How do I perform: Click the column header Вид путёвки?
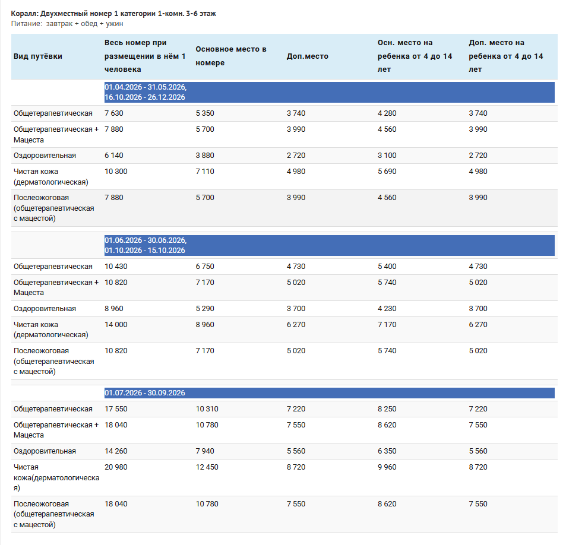pyautogui.click(x=38, y=56)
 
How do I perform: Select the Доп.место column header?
pyautogui.click(x=308, y=56)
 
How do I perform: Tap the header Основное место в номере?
pyautogui.click(x=231, y=56)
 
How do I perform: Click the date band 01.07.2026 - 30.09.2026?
pyautogui.click(x=145, y=392)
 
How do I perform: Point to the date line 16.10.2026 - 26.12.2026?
pyautogui.click(x=145, y=97)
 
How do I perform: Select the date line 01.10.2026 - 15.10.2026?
pyautogui.click(x=145, y=250)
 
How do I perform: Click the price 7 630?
pyautogui.click(x=113, y=113)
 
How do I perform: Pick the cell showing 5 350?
pyautogui.click(x=205, y=113)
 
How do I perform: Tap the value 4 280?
pyautogui.click(x=387, y=113)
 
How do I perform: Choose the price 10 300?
pyautogui.click(x=116, y=172)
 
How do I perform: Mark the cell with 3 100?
pyautogui.click(x=387, y=156)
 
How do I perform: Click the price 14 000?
pyautogui.click(x=116, y=325)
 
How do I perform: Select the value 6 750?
pyautogui.click(x=205, y=267)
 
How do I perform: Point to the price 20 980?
pyautogui.click(x=116, y=467)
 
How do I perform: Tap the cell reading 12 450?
pyautogui.click(x=207, y=467)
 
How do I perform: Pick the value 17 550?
pyautogui.click(x=116, y=409)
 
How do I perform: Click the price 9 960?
pyautogui.click(x=387, y=467)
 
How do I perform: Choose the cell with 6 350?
pyautogui.click(x=387, y=451)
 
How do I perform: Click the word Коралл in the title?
pyautogui.click(x=24, y=14)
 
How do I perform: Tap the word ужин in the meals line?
pyautogui.click(x=115, y=24)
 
